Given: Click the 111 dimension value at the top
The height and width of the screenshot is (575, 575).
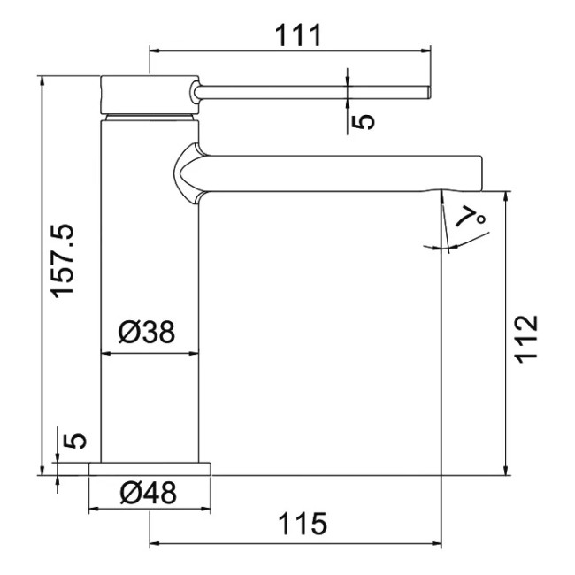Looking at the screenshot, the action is click(298, 35).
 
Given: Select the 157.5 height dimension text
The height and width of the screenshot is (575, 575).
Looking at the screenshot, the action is click(62, 261).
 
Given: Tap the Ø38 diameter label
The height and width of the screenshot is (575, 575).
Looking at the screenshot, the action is click(147, 333).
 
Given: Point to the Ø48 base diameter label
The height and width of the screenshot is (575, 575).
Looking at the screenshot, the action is click(148, 492).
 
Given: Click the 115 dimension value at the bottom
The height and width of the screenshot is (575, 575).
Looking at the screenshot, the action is click(303, 524).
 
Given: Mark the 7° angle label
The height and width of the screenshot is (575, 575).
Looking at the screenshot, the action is click(471, 217).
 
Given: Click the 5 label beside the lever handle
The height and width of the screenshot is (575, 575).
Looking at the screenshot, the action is click(363, 122).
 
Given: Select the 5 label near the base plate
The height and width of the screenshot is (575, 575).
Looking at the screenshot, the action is click(74, 441).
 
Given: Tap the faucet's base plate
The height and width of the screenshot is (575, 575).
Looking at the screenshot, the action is click(149, 469).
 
